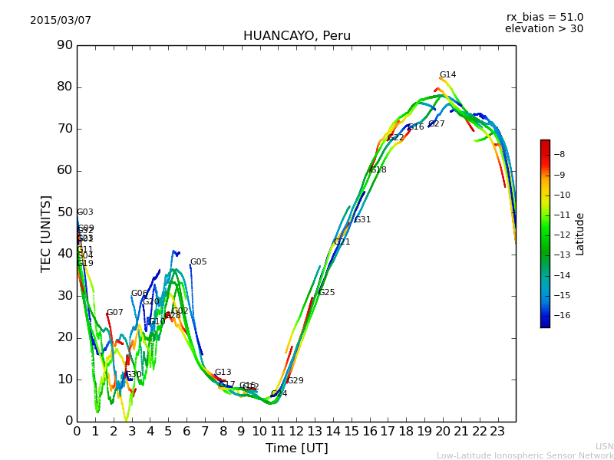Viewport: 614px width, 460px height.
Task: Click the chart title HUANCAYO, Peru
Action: click(x=296, y=36)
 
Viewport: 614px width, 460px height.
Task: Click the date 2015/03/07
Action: click(x=61, y=21)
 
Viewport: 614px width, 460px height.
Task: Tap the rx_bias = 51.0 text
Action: click(x=544, y=18)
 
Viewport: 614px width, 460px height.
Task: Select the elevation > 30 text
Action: click(x=543, y=29)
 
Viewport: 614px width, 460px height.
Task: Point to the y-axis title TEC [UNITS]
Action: click(x=46, y=233)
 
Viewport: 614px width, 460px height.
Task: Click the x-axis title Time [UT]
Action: click(x=296, y=449)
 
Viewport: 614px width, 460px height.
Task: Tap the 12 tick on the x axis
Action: click(x=296, y=432)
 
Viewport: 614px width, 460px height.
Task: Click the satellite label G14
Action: click(x=447, y=75)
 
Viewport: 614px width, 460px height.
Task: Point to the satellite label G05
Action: click(x=198, y=262)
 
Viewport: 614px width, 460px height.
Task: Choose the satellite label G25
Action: click(x=326, y=293)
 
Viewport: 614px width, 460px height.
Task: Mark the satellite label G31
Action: click(x=362, y=220)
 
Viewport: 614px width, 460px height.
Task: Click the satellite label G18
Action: click(x=378, y=170)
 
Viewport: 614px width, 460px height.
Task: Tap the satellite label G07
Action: click(x=114, y=313)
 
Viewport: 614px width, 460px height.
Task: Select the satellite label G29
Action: click(x=295, y=381)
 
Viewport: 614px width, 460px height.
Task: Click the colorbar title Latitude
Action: click(x=580, y=234)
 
